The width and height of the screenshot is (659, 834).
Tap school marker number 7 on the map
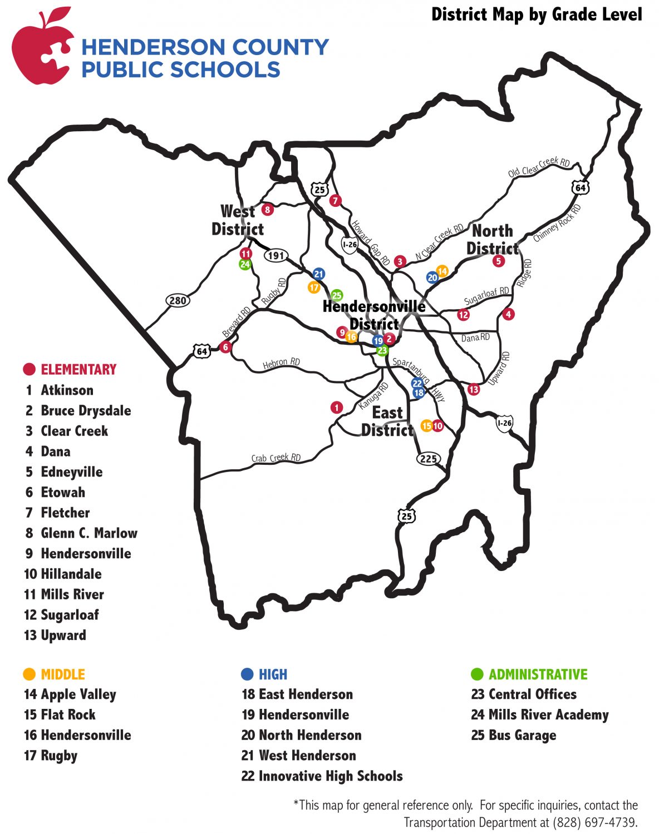[335, 201]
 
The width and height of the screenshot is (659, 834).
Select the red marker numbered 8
[268, 210]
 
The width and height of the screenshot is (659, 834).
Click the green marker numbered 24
[245, 265]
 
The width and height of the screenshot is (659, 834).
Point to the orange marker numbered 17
[314, 287]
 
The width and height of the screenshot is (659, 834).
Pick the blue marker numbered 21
[318, 274]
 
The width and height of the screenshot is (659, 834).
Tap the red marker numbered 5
[498, 261]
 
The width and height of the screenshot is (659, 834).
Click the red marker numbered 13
[474, 389]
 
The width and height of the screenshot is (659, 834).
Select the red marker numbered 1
[336, 408]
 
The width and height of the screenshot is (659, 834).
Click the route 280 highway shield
[178, 301]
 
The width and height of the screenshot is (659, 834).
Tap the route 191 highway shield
[276, 256]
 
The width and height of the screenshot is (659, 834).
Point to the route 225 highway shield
[428, 459]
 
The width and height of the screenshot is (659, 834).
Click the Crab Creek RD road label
[276, 458]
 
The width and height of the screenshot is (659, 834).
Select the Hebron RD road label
[281, 363]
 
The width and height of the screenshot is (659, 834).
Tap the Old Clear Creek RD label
[539, 166]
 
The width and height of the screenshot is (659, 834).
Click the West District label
[238, 220]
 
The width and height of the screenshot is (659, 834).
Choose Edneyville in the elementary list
[71, 472]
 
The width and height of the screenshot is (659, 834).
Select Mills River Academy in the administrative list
[548, 714]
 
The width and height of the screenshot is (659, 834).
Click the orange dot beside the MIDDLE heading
[29, 674]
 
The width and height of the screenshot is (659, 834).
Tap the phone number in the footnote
[594, 822]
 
